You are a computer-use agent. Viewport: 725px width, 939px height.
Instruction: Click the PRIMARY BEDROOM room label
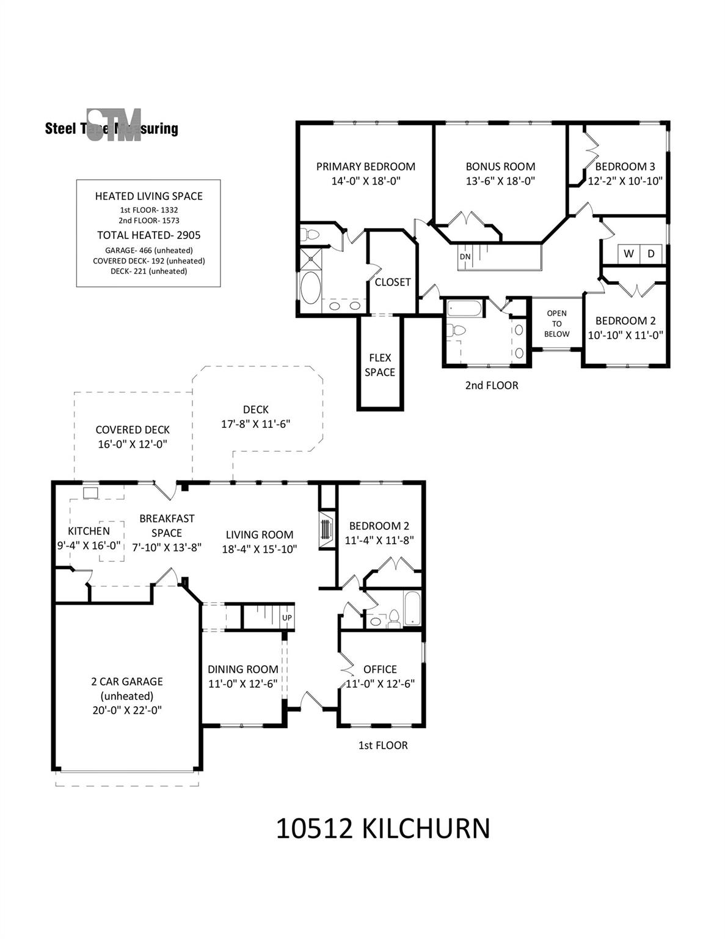[x=365, y=166]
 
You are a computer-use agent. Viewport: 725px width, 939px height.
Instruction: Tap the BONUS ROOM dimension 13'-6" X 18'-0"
[x=500, y=181]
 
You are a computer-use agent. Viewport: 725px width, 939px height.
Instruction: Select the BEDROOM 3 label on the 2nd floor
[x=625, y=166]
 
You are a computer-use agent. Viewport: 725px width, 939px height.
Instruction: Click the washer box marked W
[x=628, y=254]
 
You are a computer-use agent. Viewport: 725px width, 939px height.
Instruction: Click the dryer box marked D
[x=651, y=254]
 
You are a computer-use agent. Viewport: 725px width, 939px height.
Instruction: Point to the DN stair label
[x=465, y=257]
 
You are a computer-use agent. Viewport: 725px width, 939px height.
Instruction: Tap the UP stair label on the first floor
[x=287, y=617]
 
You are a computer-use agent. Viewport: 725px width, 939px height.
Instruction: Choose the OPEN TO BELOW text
[x=556, y=323]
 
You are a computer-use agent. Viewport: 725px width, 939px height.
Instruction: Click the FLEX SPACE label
[x=380, y=365]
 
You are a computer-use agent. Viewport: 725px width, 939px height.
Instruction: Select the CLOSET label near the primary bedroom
[x=393, y=282]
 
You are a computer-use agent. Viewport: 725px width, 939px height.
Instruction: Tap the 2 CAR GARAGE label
[x=127, y=682]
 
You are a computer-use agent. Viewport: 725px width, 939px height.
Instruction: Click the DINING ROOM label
[x=243, y=669]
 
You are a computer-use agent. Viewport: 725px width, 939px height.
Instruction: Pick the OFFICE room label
[x=380, y=669]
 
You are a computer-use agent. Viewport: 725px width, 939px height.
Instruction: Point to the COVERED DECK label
[x=133, y=430]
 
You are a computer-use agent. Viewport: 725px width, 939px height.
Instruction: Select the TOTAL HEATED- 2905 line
[x=148, y=235]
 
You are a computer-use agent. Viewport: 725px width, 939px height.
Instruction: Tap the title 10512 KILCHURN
[x=383, y=829]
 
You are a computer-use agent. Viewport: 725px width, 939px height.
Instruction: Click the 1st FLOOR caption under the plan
[x=383, y=745]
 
